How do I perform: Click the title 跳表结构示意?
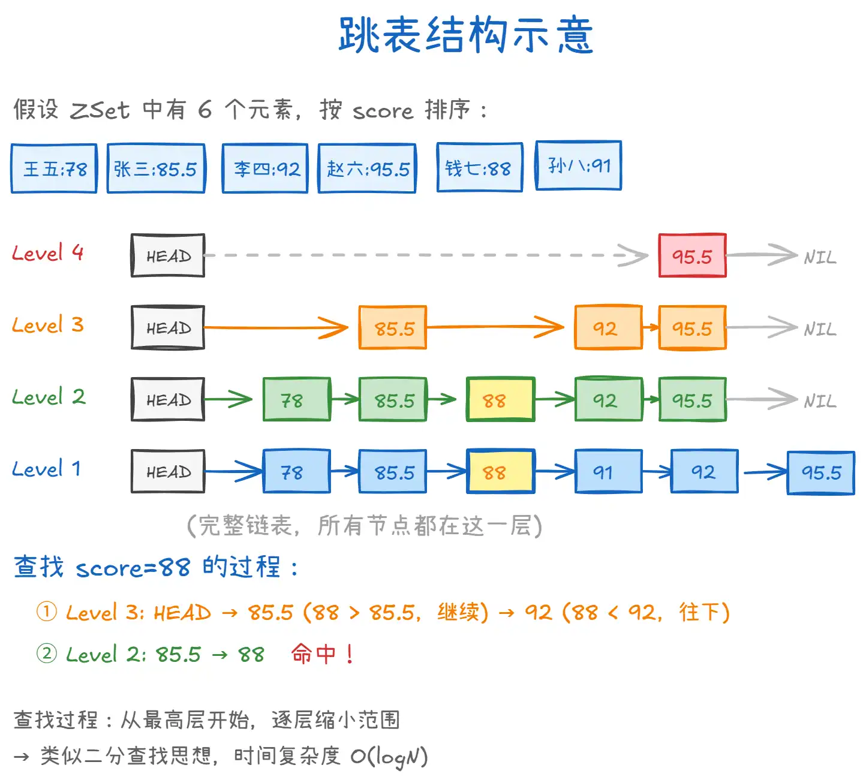[x=465, y=35]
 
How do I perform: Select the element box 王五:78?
[x=54, y=168]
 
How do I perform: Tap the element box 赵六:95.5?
[x=367, y=168]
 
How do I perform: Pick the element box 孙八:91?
[x=578, y=165]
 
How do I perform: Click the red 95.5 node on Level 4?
[x=692, y=256]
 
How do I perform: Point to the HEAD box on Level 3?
[x=168, y=328]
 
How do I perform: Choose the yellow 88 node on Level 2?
[x=500, y=400]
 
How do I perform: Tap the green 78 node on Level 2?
[x=296, y=400]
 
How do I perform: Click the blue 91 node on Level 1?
[x=608, y=472]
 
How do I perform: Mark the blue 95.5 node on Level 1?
[x=820, y=472]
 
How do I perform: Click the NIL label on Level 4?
[x=820, y=258]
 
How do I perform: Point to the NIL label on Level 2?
[x=820, y=401]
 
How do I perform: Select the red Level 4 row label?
[x=47, y=253]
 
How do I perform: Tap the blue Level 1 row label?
[x=46, y=469]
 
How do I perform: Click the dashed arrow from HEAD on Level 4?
[x=420, y=255]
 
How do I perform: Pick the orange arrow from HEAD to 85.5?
[x=276, y=328]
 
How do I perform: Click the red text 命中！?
[x=322, y=653]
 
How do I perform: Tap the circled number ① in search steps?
[x=47, y=612]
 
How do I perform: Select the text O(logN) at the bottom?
[x=389, y=757]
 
